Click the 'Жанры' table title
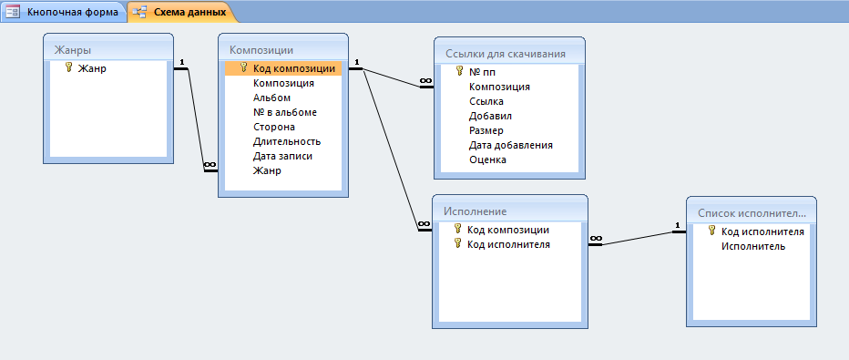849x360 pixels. [73, 50]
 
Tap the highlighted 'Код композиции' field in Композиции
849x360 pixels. [294, 68]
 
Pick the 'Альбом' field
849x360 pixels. [271, 98]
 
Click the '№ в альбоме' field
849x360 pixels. [285, 113]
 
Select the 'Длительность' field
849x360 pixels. [287, 142]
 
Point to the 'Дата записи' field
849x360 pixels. [282, 157]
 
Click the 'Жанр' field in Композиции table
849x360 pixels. [267, 171]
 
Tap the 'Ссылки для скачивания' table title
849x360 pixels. [506, 54]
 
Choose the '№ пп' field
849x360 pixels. [483, 72]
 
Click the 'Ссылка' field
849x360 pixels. [486, 101]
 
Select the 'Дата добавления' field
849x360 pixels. [511, 145]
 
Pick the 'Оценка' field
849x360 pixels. [488, 159]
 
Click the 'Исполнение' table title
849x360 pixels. [475, 211]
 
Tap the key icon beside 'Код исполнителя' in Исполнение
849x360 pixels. [457, 243]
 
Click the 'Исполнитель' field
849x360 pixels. [753, 246]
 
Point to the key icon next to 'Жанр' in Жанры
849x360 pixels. [68, 67]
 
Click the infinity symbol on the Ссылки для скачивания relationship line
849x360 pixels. [425, 81]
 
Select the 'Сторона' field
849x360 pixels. [274, 128]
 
